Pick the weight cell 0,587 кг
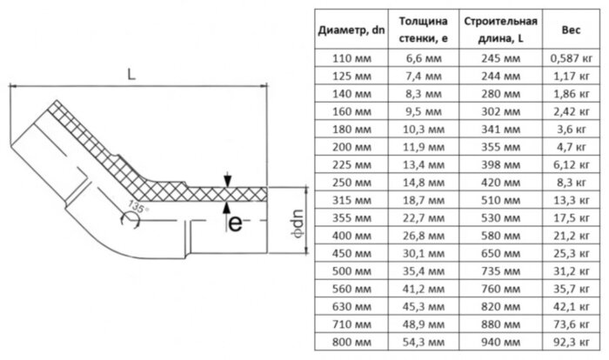click(x=572, y=60)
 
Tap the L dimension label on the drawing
click(x=131, y=76)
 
